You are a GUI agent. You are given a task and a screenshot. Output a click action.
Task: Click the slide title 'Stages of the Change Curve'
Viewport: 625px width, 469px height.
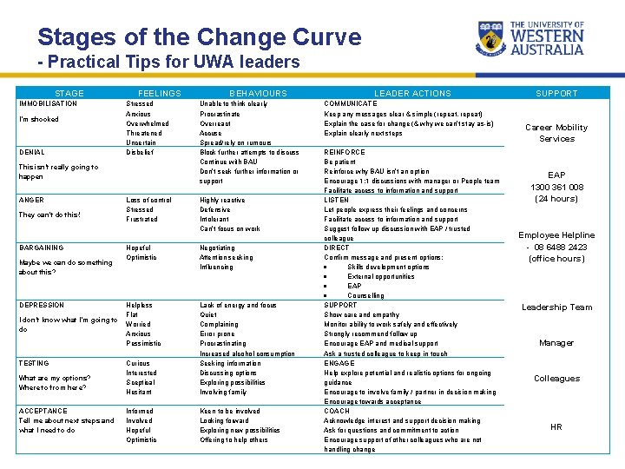tap(199, 37)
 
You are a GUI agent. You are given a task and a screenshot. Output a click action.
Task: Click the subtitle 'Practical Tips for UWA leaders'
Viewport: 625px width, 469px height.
tap(168, 63)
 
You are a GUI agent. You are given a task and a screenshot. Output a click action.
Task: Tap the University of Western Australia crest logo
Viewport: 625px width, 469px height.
tap(491, 37)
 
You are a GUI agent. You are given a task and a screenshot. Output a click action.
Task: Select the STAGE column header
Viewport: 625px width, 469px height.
tap(69, 93)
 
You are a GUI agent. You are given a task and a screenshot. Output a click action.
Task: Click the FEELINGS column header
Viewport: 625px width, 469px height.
tap(160, 93)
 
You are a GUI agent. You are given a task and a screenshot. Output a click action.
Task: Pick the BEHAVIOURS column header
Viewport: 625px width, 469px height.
tap(258, 93)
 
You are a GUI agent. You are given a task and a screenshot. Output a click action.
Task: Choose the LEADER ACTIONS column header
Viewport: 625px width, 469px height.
tap(412, 93)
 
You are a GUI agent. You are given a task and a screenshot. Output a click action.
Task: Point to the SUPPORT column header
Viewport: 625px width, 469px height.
tap(556, 93)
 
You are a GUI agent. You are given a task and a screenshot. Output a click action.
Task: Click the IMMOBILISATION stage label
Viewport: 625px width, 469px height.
tap(48, 104)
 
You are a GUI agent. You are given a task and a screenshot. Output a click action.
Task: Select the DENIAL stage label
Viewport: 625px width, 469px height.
tap(32, 152)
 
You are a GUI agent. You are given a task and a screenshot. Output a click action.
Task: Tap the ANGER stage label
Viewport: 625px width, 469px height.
tap(31, 200)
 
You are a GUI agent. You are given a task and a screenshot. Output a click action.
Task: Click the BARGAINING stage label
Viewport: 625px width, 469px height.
tap(42, 248)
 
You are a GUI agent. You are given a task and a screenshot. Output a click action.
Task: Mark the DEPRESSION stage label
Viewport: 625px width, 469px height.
tap(42, 305)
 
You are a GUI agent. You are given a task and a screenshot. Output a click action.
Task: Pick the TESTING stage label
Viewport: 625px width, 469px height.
tap(35, 362)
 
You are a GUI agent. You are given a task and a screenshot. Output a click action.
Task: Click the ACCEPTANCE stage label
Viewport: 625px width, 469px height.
tap(43, 411)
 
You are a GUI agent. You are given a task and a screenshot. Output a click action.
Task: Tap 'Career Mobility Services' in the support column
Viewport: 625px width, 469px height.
tap(556, 133)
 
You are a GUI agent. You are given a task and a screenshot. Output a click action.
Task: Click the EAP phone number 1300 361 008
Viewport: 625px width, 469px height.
tap(556, 187)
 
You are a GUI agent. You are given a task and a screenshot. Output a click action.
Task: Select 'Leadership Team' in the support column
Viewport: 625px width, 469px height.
tap(556, 307)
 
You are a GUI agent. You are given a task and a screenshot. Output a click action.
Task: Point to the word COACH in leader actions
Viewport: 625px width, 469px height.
tap(338, 411)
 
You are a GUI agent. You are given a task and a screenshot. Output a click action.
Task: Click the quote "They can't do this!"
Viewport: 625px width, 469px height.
tap(49, 215)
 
